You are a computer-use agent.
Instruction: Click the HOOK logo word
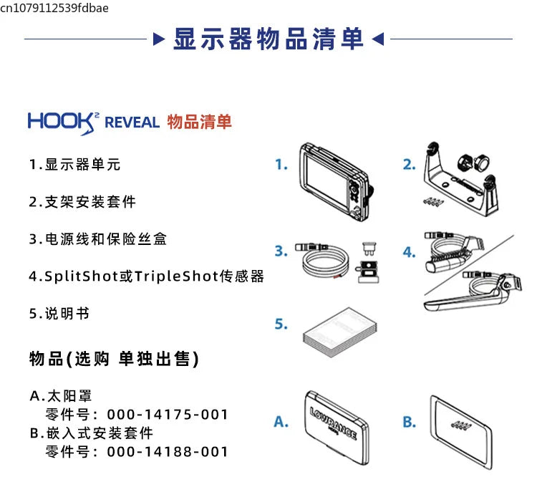coord(61,122)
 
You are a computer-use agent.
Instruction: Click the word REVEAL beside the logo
coord(132,122)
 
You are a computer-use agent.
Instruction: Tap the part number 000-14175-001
coord(168,415)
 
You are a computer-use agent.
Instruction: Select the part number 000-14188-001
coord(168,452)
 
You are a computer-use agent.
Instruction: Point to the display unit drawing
coord(336,182)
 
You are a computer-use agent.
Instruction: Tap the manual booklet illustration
coord(339,332)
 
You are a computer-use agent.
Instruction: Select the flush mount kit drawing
coord(461,433)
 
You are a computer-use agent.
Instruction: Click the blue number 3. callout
coord(281,251)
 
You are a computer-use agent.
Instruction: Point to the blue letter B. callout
coord(410,422)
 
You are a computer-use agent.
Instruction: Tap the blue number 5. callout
coord(281,324)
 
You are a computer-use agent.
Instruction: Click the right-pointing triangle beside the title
coord(158,39)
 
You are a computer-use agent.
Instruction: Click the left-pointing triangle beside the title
coord(378,39)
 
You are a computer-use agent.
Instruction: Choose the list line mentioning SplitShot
coord(146,276)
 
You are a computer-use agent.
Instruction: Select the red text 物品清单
coord(199,122)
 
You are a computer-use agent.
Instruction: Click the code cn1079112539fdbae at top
coord(54,8)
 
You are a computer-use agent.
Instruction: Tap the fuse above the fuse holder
coord(369,249)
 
